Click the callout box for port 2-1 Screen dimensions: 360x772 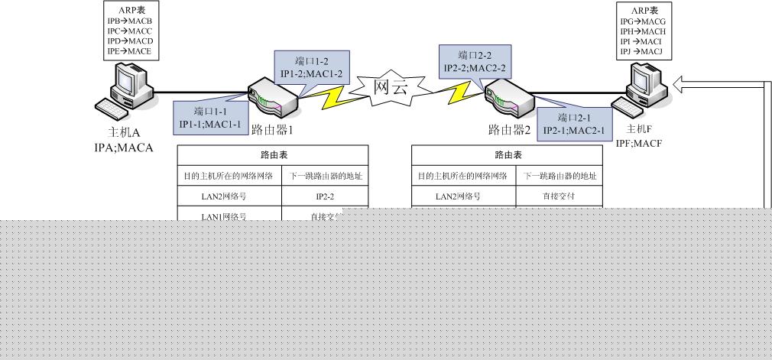pos(573,125)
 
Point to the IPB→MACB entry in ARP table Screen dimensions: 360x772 pos(131,21)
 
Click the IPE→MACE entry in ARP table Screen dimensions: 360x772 pos(131,51)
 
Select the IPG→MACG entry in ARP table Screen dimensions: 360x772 pos(643,21)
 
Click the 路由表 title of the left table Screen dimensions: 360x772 pos(274,154)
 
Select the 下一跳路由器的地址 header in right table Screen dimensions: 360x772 pos(560,176)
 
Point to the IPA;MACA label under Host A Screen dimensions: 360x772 pos(118,147)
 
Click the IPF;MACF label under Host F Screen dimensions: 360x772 pos(638,142)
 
